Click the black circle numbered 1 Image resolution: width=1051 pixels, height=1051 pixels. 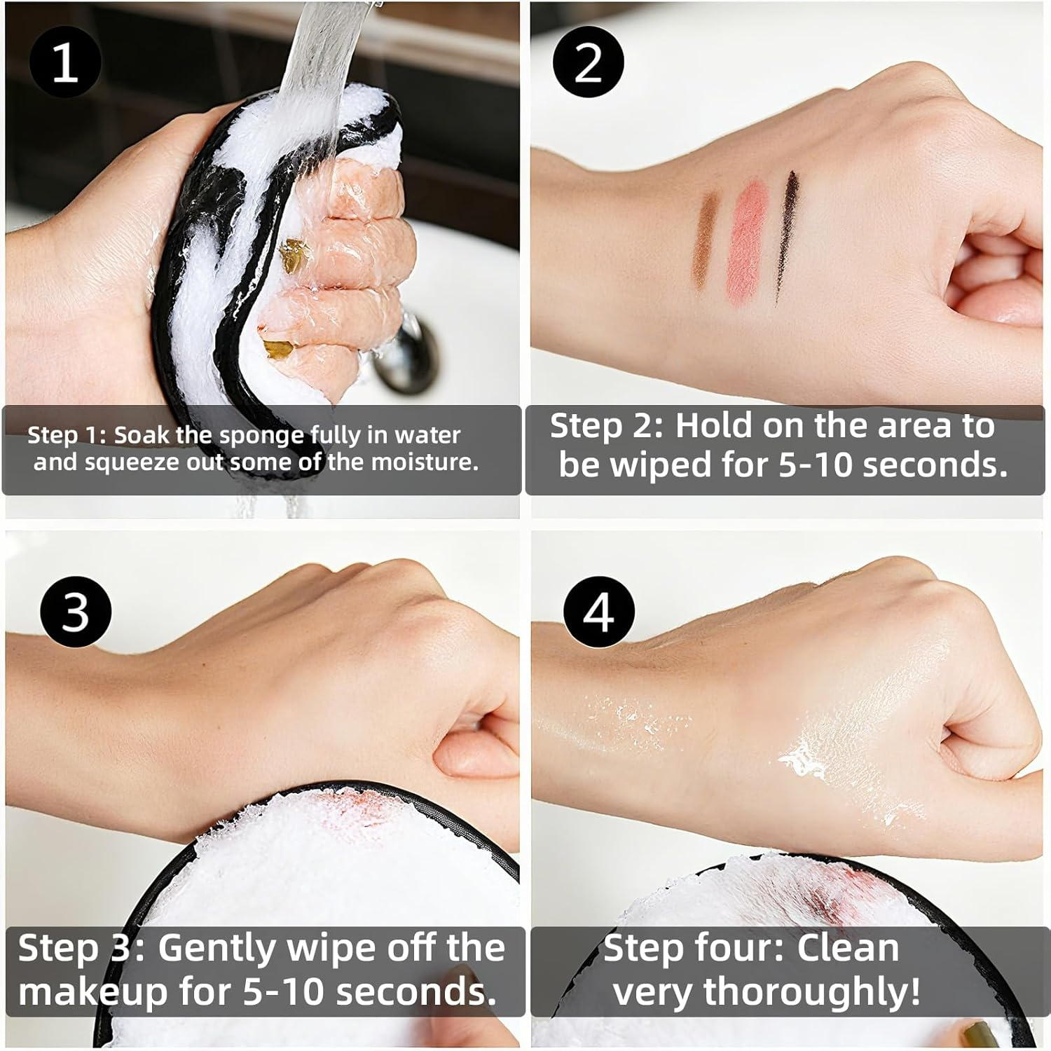pyautogui.click(x=65, y=62)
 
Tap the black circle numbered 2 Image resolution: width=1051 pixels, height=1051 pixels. pyautogui.click(x=588, y=62)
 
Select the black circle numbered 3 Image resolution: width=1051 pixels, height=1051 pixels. pyautogui.click(x=76, y=611)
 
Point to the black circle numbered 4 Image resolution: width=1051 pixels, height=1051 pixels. pyautogui.click(x=599, y=611)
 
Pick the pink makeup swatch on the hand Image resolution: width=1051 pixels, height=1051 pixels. pyautogui.click(x=746, y=238)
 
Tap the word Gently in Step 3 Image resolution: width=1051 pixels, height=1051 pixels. pyautogui.click(x=218, y=949)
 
